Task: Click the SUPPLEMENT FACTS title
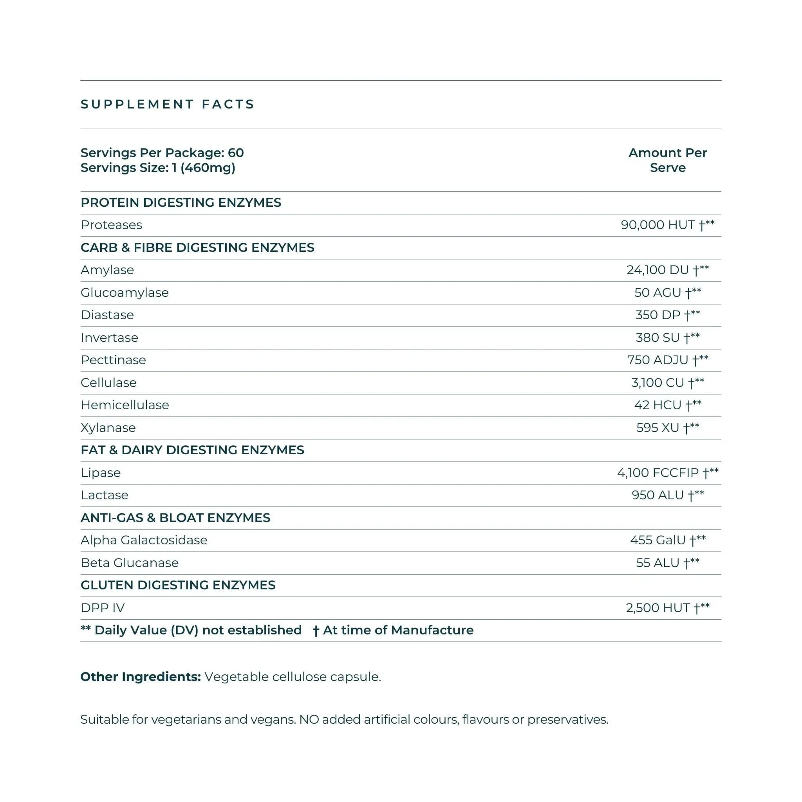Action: point(167,104)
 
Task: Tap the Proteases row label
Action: point(111,225)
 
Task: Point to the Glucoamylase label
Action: point(125,293)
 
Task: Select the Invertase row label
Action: point(109,338)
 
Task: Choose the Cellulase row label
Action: point(108,383)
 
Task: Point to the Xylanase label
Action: point(108,428)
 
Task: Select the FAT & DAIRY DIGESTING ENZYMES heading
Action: point(192,450)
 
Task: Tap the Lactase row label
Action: point(105,495)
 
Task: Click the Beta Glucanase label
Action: point(130,563)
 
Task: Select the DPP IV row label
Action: point(103,608)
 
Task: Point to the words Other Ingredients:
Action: point(140,677)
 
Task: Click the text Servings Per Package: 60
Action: point(162,153)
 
